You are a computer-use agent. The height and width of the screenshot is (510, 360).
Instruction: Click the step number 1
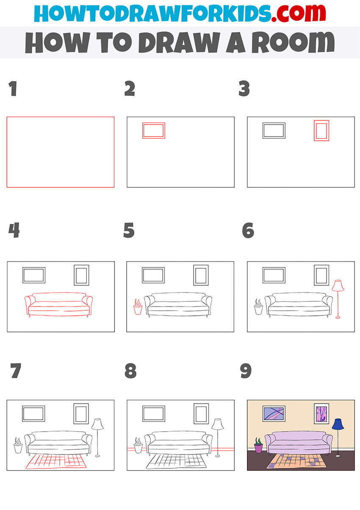[13, 89]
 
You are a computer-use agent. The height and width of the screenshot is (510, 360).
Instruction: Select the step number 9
[246, 371]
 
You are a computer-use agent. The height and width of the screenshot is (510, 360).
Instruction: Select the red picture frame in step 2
[153, 131]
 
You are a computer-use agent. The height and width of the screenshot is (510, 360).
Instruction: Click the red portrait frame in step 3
[321, 131]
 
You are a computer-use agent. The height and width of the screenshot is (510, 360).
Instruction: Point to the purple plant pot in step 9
[258, 448]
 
